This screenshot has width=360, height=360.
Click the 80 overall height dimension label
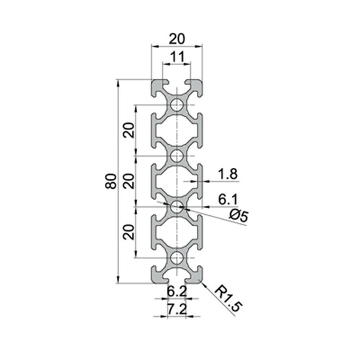tap(111, 181)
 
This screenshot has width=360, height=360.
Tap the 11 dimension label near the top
tap(177, 57)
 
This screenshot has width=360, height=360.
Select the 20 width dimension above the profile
tap(177, 39)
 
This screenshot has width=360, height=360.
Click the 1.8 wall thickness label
tap(228, 174)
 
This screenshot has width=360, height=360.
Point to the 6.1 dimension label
tap(228, 199)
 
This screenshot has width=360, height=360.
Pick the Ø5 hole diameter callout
tap(239, 216)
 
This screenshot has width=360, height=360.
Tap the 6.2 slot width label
tap(177, 291)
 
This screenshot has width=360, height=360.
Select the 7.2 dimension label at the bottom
tap(177, 309)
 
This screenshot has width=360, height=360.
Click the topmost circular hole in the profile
tap(177, 105)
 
